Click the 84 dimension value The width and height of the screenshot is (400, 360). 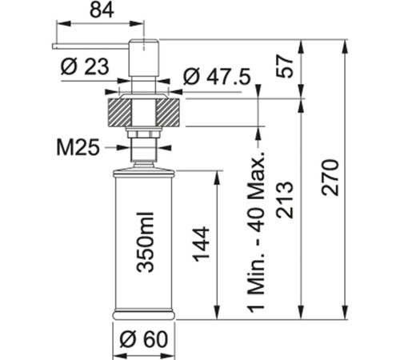click(102, 10)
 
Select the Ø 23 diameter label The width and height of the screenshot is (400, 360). click(85, 66)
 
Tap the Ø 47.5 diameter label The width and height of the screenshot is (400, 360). click(218, 77)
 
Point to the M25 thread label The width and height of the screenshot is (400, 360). click(78, 147)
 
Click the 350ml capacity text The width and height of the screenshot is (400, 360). click(145, 242)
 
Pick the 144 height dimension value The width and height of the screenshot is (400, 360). click(201, 244)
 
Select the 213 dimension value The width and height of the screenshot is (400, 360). click(285, 200)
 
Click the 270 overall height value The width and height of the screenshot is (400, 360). click(330, 178)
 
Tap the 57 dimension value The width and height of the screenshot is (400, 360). click(285, 66)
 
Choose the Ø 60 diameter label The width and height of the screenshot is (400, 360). click(144, 339)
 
